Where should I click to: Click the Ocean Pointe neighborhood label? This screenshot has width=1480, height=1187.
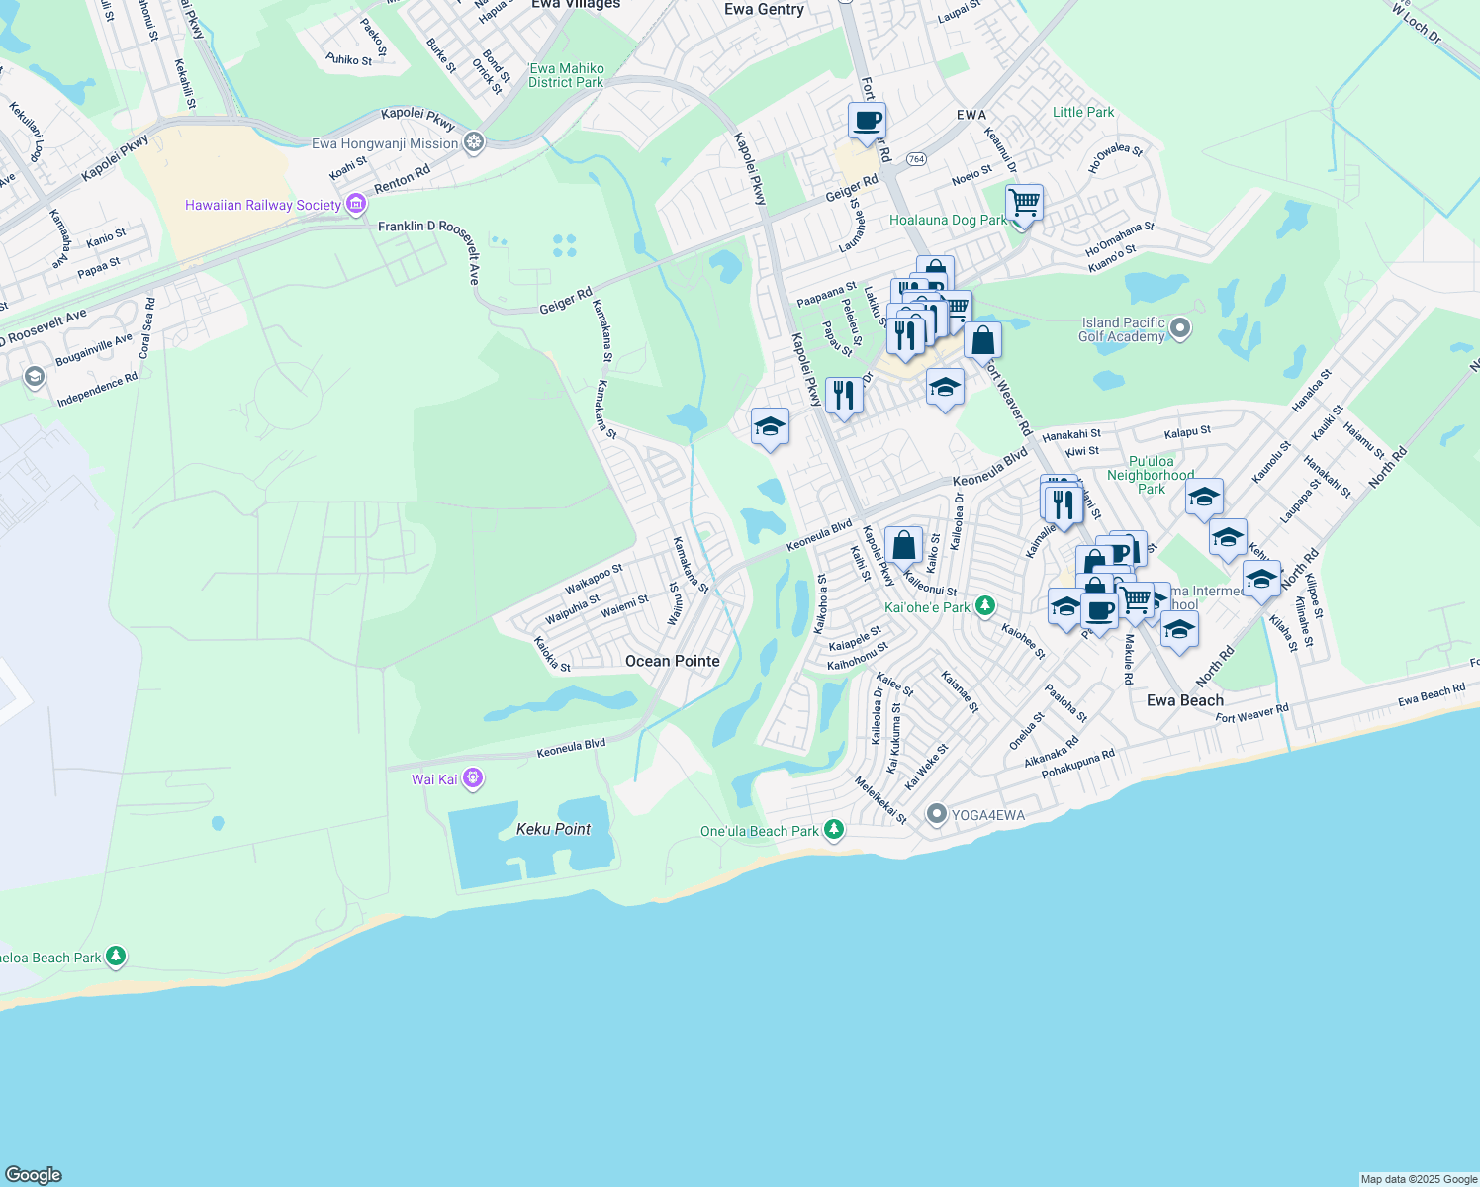tap(673, 661)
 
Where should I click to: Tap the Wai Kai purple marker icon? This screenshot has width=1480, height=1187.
tap(473, 779)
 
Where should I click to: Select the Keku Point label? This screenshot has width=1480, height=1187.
tap(553, 829)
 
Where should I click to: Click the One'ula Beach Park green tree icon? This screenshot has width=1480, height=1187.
tap(834, 830)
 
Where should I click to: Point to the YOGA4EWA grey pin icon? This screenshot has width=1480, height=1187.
tap(936, 815)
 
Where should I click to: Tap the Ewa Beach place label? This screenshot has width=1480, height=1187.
tap(1184, 700)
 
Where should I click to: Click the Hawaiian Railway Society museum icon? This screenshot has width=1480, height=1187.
tap(356, 205)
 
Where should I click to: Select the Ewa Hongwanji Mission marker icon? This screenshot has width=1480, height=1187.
tap(474, 143)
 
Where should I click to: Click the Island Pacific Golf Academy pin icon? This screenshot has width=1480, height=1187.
tap(1179, 328)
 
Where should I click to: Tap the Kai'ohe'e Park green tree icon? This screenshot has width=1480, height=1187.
tap(984, 606)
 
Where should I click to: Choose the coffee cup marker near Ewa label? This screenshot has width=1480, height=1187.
tap(867, 122)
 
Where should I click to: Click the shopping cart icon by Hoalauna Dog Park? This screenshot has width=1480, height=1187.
tap(1024, 203)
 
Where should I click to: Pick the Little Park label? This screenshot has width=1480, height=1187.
tap(1083, 112)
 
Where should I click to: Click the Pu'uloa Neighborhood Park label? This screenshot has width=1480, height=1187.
tap(1151, 475)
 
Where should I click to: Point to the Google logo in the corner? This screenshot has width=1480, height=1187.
tap(34, 1174)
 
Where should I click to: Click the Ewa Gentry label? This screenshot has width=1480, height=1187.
tap(764, 10)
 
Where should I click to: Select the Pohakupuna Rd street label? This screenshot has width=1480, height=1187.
tap(1077, 764)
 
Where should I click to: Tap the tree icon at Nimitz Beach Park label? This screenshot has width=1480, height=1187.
tap(117, 956)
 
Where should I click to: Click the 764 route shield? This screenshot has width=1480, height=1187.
tap(916, 159)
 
